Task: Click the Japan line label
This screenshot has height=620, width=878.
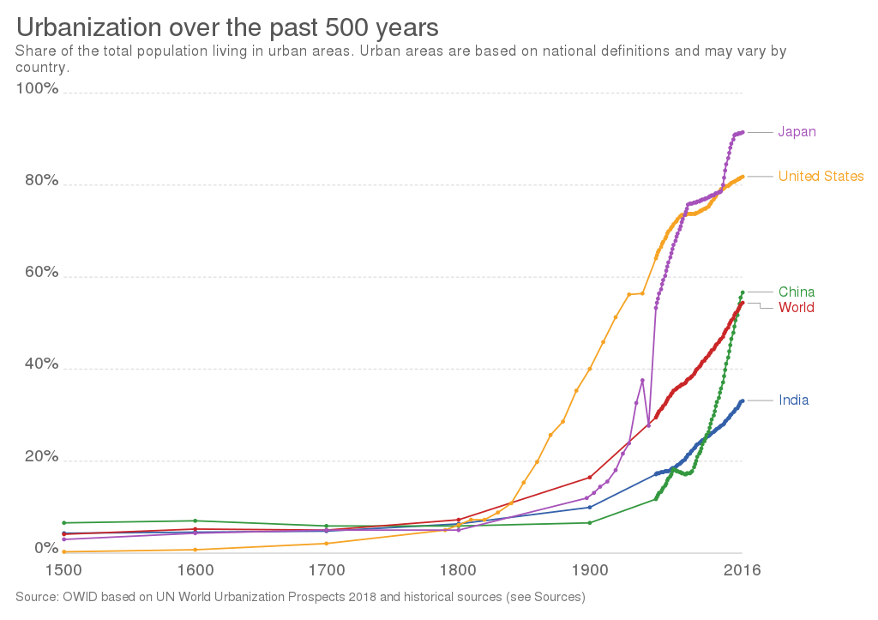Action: pyautogui.click(x=797, y=132)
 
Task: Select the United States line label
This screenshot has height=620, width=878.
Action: pyautogui.click(x=821, y=177)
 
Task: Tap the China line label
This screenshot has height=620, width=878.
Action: pyautogui.click(x=797, y=292)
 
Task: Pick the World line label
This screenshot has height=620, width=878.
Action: pyautogui.click(x=796, y=308)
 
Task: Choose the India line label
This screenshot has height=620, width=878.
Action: pyautogui.click(x=794, y=400)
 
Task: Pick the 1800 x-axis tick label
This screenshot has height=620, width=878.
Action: pyautogui.click(x=457, y=570)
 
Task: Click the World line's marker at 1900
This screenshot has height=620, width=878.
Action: pyautogui.click(x=589, y=478)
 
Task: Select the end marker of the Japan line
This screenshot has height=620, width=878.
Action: pyautogui.click(x=742, y=132)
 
